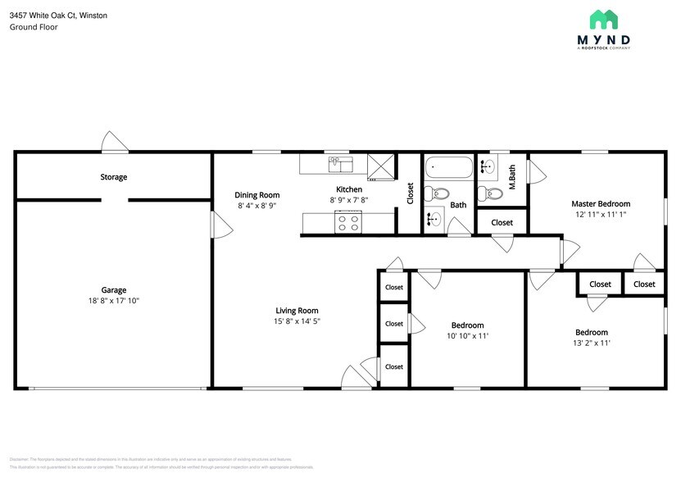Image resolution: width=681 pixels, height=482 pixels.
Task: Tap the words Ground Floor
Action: (34, 27)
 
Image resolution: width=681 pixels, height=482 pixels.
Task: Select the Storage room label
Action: (114, 177)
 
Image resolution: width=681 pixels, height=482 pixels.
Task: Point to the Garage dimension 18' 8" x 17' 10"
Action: (114, 301)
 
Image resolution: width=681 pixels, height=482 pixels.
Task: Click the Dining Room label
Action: (257, 195)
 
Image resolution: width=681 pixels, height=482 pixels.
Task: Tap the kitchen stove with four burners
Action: (348, 221)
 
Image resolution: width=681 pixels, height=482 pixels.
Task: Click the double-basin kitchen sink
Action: (340, 165)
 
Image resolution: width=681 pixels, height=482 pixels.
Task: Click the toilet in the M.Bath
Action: (492, 193)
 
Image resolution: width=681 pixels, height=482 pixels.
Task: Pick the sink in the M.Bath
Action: (487, 167)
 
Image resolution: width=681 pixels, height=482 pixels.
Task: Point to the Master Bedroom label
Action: (601, 203)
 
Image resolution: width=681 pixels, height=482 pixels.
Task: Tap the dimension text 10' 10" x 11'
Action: (467, 336)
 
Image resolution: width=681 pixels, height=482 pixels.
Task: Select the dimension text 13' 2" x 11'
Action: (591, 343)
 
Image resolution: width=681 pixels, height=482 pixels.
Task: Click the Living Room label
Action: (297, 311)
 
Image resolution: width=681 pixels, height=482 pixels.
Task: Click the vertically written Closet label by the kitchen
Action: (411, 193)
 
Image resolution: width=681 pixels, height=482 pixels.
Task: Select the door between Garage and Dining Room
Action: (216, 224)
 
